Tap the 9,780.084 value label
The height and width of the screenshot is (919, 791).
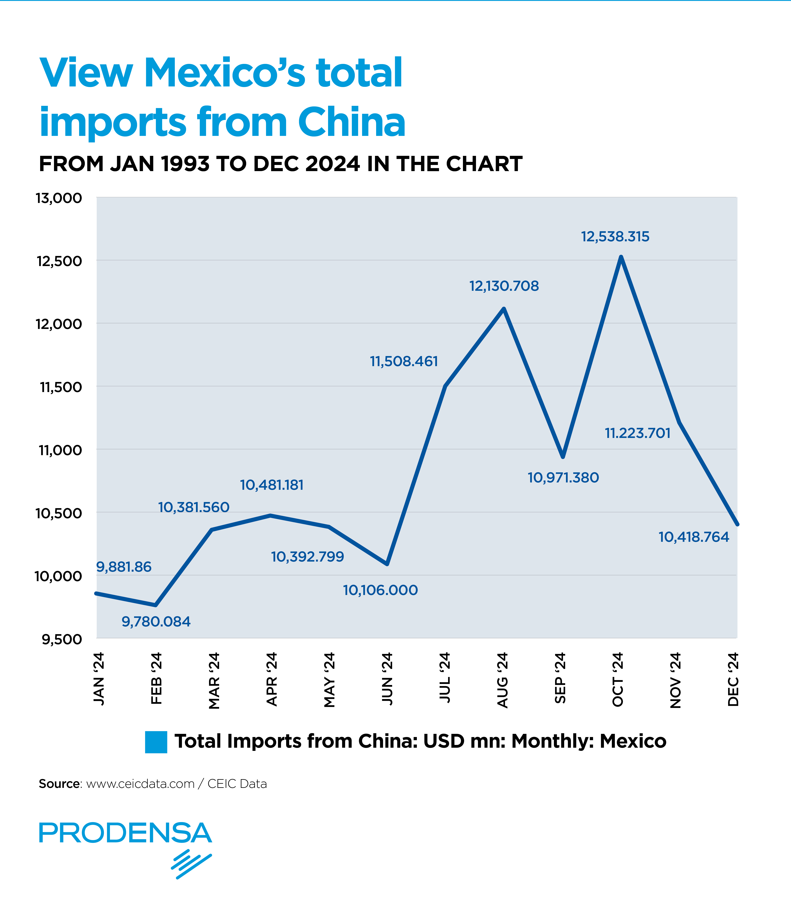point(156,622)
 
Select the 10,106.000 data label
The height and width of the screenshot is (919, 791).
point(380,590)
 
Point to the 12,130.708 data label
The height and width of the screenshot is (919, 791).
point(504,286)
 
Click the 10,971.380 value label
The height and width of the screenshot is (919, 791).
point(563,478)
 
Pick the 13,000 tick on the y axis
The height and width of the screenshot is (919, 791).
point(59,198)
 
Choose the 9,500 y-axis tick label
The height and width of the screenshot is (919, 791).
point(62,640)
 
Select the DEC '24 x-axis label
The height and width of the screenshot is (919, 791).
point(733,679)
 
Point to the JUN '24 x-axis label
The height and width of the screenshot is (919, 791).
point(387,679)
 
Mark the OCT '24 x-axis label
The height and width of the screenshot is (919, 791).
point(618,679)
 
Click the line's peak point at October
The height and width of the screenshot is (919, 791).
point(621,257)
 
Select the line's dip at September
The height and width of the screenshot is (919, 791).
point(563,457)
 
